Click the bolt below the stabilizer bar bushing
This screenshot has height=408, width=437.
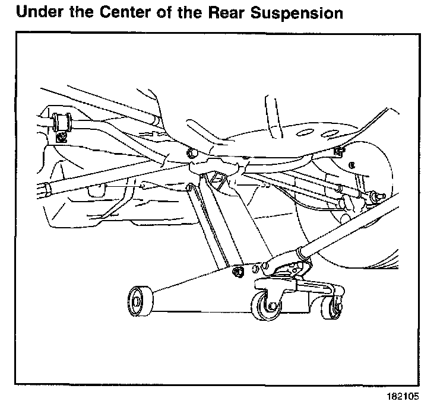point(61,138)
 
